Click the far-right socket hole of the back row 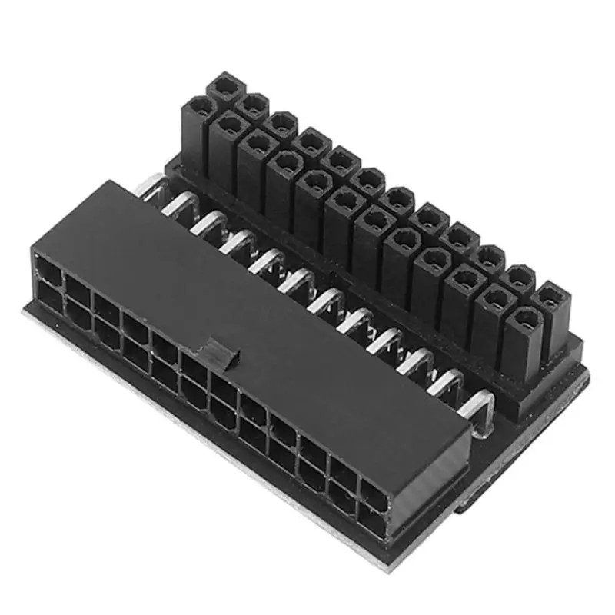pos(549,295)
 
